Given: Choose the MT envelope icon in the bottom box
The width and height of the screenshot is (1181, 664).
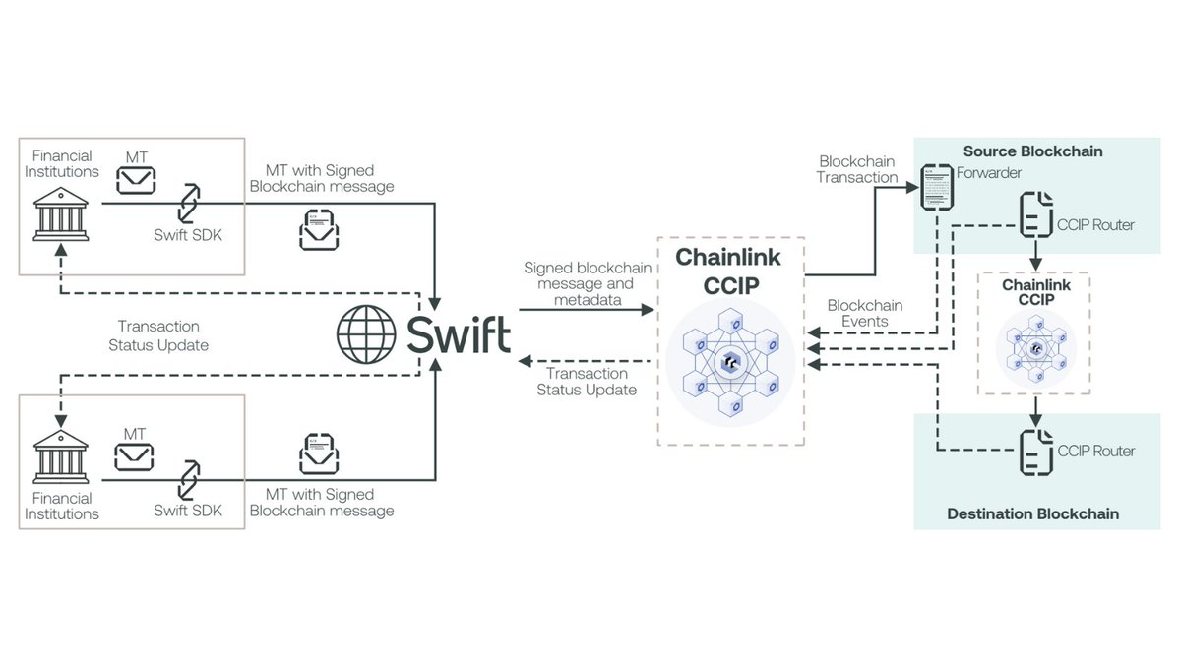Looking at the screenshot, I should coord(135,455).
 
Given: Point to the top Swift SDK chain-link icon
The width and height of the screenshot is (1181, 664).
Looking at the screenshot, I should coord(188,202).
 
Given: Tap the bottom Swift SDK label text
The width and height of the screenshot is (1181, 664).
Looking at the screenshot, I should coord(188,511).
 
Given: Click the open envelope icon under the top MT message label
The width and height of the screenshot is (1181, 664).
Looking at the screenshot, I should coord(321,227).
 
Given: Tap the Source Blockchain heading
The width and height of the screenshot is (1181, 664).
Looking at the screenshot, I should coord(1032,151).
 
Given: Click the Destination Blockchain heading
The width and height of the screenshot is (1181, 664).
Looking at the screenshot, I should coord(1032,513).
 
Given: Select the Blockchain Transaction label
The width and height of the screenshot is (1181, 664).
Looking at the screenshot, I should coord(858,169).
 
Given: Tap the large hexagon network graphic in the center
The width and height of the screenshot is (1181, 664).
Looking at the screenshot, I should coord(730,362).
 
